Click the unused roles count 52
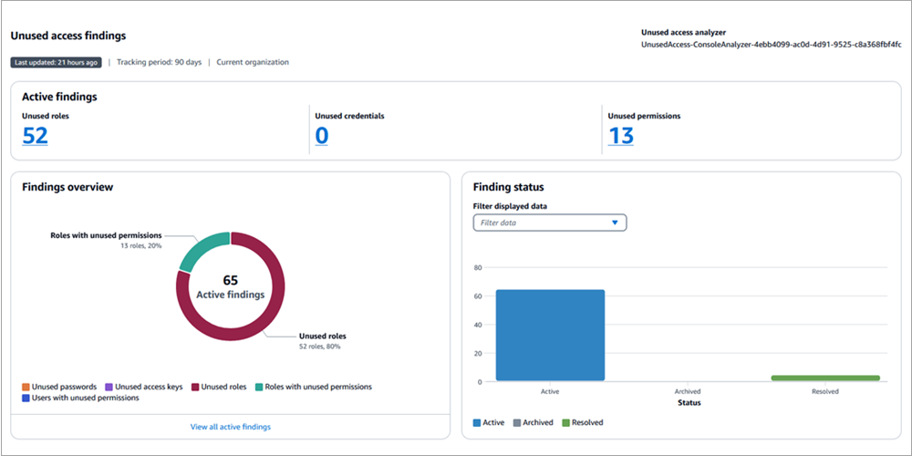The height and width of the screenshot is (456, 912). (x=35, y=136)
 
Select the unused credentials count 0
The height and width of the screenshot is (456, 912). (x=321, y=136)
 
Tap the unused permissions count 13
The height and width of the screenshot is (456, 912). (x=620, y=136)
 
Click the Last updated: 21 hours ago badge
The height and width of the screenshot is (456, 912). (x=57, y=62)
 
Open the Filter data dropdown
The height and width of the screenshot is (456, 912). (x=549, y=223)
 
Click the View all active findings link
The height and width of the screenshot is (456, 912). (x=230, y=427)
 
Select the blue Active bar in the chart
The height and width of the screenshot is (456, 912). (x=550, y=335)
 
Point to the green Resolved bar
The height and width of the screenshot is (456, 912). (x=824, y=378)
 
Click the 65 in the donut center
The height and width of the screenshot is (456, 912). (x=230, y=280)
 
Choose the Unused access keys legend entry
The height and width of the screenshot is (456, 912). (x=145, y=387)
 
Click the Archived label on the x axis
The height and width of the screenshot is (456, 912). (x=687, y=391)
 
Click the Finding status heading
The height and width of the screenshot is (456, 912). (x=508, y=187)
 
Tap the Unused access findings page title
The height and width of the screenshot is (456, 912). (x=68, y=36)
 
